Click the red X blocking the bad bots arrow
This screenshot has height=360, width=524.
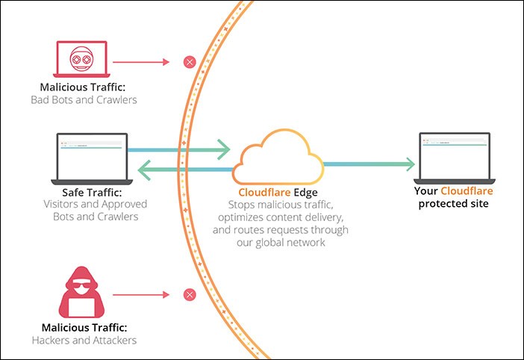coord(190,62)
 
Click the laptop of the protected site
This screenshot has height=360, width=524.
coord(454,158)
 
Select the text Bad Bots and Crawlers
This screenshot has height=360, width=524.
coord(84,99)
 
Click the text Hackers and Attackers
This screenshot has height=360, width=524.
coord(84,341)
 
